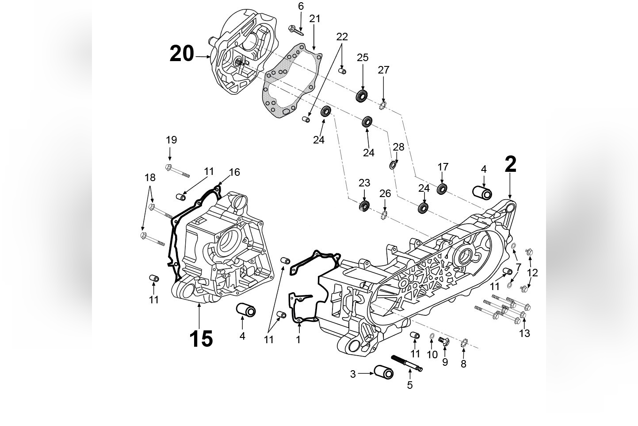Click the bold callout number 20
tap(182, 54)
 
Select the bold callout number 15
tap(201, 340)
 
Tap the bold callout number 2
tap(510, 165)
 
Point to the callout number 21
tap(314, 19)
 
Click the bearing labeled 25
tap(362, 96)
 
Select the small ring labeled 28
tap(392, 166)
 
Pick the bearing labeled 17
tap(443, 189)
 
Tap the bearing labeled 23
tap(364, 205)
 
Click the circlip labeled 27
tap(383, 105)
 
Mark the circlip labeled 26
tap(385, 216)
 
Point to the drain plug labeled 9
tap(443, 341)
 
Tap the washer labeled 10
tap(432, 339)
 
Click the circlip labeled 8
tap(464, 344)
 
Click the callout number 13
tap(524, 333)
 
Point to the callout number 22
tap(342, 37)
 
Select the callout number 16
tap(234, 172)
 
